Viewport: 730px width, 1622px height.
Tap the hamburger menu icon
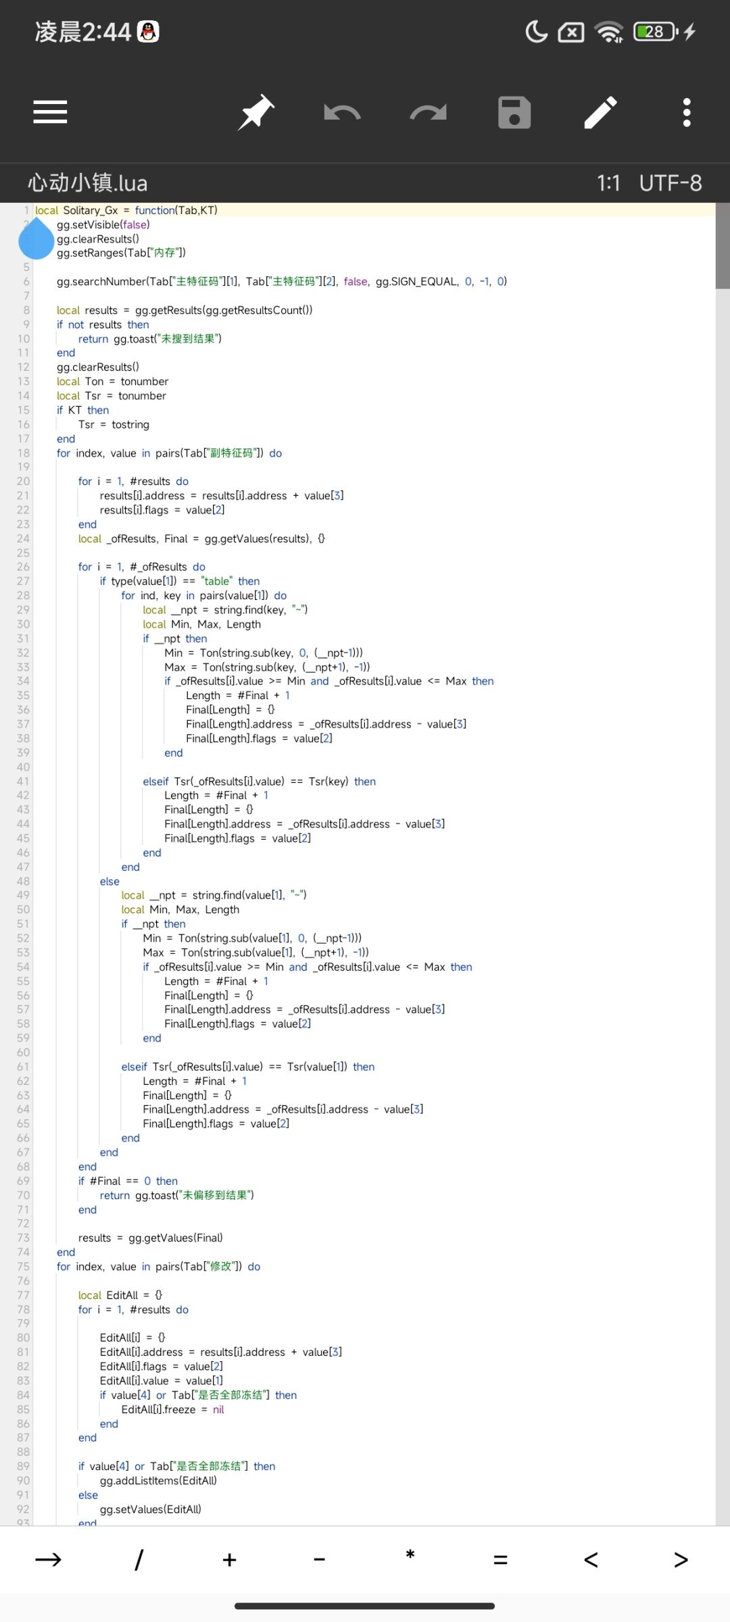(50, 112)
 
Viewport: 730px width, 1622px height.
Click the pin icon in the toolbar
(256, 112)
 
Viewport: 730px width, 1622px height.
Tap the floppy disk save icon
(514, 112)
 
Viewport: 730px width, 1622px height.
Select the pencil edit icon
(600, 112)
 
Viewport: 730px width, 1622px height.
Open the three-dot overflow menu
(687, 112)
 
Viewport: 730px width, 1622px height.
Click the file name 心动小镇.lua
(87, 183)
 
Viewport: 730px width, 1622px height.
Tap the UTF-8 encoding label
(671, 183)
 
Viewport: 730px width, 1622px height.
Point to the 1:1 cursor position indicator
(608, 183)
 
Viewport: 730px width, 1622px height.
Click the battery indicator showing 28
(656, 32)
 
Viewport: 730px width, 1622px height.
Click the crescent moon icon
(536, 32)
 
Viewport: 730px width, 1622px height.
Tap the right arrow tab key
(48, 1560)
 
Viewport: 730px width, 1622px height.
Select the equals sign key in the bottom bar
(500, 1560)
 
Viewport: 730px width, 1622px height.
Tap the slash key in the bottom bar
(139, 1560)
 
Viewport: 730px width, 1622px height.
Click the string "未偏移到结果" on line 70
(214, 1195)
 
